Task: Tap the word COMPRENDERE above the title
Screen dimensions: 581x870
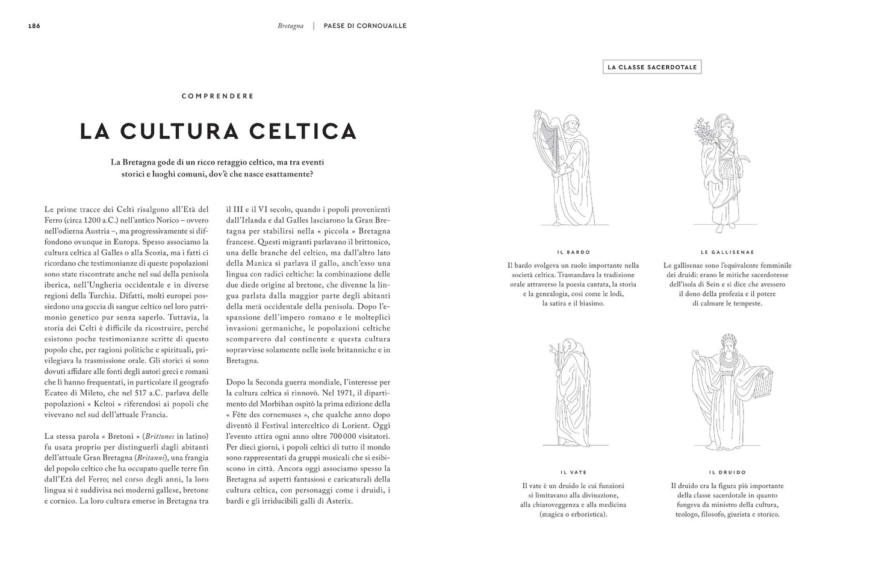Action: [217, 96]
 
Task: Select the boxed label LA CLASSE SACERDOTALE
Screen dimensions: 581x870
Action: [652, 67]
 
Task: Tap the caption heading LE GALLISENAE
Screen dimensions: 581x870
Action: [727, 252]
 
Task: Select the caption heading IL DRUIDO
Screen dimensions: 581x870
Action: [727, 473]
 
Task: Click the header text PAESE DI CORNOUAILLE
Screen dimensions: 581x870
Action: [365, 26]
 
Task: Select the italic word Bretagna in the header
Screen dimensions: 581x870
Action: [291, 26]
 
